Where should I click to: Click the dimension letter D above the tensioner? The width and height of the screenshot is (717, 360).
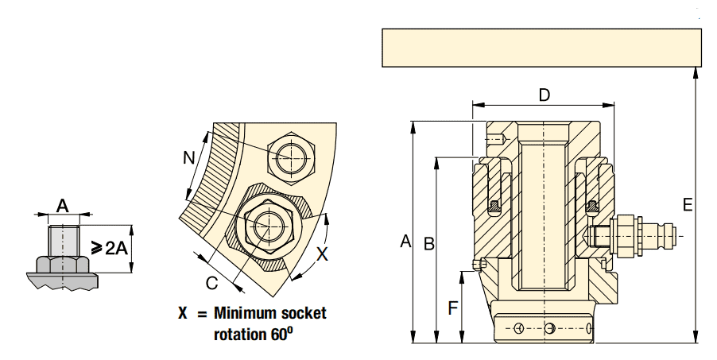pyautogui.click(x=545, y=95)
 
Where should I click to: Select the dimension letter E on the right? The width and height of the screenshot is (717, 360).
pyautogui.click(x=688, y=205)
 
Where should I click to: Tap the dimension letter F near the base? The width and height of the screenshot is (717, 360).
pyautogui.click(x=453, y=308)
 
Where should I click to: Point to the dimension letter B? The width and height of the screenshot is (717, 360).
pyautogui.click(x=428, y=243)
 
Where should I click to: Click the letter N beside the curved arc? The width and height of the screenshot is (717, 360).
pyautogui.click(x=189, y=158)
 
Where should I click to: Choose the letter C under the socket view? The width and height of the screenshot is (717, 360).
pyautogui.click(x=211, y=283)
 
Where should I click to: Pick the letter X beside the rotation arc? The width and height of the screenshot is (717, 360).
pyautogui.click(x=323, y=254)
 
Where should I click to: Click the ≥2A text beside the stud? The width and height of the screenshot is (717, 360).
pyautogui.click(x=109, y=248)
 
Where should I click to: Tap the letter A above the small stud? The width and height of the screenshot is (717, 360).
pyautogui.click(x=63, y=205)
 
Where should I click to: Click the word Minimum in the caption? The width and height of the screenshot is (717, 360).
pyautogui.click(x=239, y=313)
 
